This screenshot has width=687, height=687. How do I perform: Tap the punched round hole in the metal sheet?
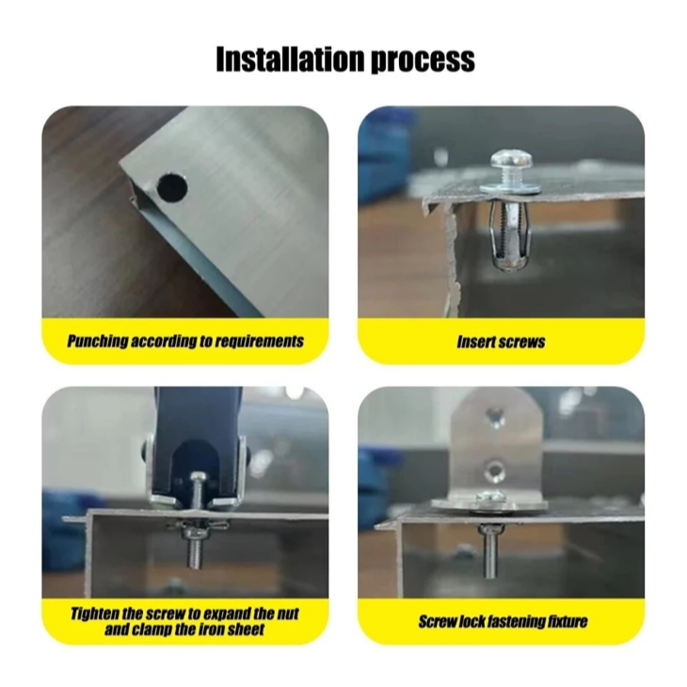pyautogui.click(x=172, y=187)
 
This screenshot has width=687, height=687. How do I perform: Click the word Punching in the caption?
pyautogui.click(x=98, y=342)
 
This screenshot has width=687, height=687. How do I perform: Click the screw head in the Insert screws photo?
pyautogui.click(x=512, y=159)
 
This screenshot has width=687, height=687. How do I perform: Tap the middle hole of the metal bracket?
pyautogui.click(x=496, y=471)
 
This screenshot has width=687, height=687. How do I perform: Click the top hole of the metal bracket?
pyautogui.click(x=496, y=418)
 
